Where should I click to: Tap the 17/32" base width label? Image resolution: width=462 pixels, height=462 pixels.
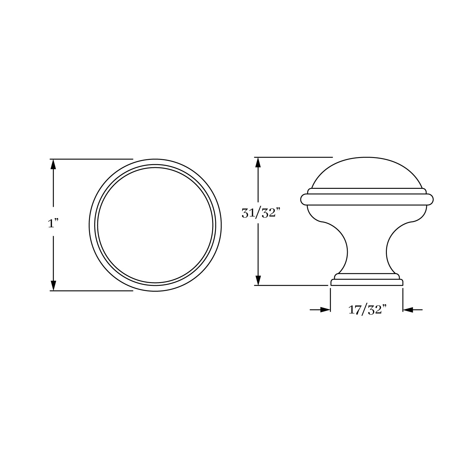click(367, 310)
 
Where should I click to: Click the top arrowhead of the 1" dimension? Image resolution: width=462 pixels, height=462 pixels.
click(53, 164)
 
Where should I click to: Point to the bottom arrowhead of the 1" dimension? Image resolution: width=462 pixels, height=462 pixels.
click(53, 285)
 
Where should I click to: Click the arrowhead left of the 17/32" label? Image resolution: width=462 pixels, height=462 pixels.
click(325, 310)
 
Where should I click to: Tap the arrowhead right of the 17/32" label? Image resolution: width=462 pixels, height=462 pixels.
click(408, 310)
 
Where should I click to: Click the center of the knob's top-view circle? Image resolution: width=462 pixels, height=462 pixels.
click(156, 225)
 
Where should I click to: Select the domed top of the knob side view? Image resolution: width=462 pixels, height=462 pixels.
click(367, 172)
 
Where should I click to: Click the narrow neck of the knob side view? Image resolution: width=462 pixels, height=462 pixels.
click(367, 249)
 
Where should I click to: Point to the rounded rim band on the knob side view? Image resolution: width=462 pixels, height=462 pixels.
click(367, 199)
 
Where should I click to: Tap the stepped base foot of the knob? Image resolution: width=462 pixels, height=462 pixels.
click(367, 280)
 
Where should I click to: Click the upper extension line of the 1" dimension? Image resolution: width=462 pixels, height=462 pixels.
click(92, 159)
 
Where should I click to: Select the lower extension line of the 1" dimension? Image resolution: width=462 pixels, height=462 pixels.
click(92, 290)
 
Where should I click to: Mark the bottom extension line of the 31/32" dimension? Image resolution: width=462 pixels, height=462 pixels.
click(291, 286)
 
